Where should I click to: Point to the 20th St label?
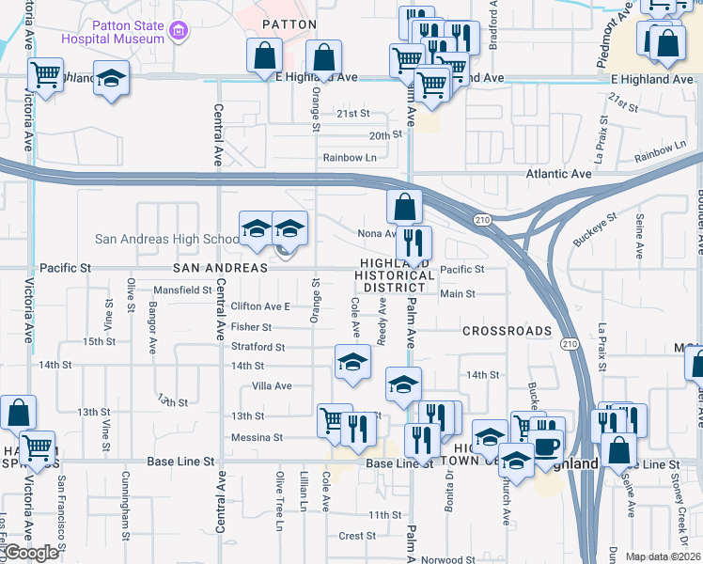coord(384,135)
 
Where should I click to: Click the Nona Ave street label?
coord(376,234)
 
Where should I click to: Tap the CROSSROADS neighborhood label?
coord(507,331)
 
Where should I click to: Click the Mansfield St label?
coord(183,290)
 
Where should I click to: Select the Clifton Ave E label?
coord(260,306)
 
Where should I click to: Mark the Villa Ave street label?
coord(272,385)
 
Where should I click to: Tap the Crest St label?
coord(357,536)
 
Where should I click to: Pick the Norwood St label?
coord(442,559)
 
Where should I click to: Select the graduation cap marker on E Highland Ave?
coord(111,78)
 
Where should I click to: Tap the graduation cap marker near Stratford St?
coord(352,362)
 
